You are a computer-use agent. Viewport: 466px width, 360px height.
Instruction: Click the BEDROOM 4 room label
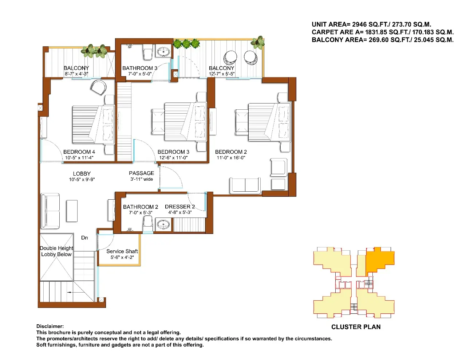[79, 152]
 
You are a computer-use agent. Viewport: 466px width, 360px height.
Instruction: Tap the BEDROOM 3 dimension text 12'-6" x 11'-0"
[173, 158]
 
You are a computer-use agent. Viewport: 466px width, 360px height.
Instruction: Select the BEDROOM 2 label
[231, 152]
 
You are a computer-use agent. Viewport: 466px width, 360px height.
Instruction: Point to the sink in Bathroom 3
[163, 52]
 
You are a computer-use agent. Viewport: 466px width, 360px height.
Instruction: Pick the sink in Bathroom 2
[163, 224]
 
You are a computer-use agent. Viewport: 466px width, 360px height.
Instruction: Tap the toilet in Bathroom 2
[147, 222]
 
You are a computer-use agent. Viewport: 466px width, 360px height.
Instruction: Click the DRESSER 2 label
[180, 207]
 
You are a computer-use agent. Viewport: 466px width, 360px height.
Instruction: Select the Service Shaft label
[122, 251]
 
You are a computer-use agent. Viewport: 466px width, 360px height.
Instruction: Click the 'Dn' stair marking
[84, 238]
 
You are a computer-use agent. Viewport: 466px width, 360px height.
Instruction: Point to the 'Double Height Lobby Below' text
[56, 251]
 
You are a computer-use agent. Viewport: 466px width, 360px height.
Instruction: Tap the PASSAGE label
[141, 173]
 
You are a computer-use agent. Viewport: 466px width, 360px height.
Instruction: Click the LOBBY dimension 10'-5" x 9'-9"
[82, 179]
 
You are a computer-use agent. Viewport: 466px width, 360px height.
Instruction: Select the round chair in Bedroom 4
[98, 87]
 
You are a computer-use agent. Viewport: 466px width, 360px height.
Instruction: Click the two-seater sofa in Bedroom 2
[245, 185]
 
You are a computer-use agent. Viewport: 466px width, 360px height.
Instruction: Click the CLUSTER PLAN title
[356, 327]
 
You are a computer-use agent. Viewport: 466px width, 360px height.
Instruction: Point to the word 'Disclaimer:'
[50, 326]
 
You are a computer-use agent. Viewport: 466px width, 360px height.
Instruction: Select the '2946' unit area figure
[359, 24]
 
